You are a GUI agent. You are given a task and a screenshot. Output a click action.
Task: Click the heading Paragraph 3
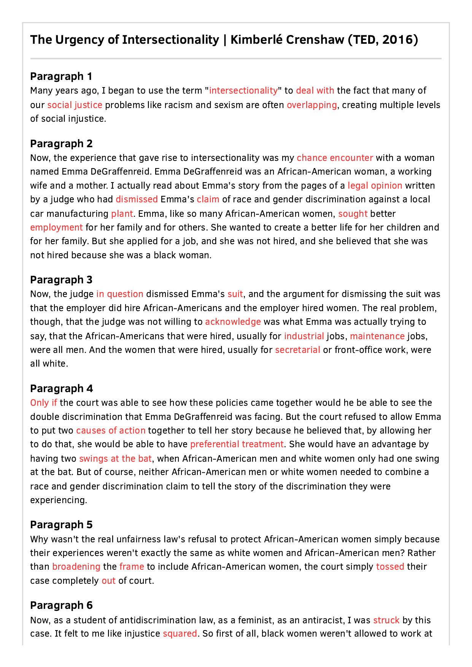pos(61,280)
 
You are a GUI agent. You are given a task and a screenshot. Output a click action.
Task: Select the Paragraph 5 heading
pos(61,525)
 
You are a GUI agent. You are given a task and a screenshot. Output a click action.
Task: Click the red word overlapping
pos(311,105)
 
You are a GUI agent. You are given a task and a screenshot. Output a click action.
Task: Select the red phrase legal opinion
pos(375,186)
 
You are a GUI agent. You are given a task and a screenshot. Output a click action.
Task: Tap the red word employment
pos(56,227)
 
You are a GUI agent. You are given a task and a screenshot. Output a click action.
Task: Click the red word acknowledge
pos(233,322)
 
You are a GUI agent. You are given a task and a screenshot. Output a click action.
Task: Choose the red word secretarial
pos(297,350)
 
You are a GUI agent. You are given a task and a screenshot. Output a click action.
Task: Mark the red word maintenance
pos(377,336)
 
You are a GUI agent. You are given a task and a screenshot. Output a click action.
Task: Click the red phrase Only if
pos(44,403)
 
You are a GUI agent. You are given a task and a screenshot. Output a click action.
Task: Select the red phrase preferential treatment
pos(237,444)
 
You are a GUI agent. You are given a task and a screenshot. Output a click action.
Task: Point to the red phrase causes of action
pos(111,430)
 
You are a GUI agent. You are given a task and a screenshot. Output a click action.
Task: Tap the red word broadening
pos(76,567)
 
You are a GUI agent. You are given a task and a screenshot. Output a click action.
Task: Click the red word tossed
pos(390,567)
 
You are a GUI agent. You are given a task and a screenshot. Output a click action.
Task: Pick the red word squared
pos(180,634)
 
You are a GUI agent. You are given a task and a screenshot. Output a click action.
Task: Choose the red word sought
pos(353,214)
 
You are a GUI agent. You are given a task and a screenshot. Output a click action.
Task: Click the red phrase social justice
pos(75,105)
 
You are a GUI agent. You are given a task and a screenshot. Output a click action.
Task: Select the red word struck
pos(386,620)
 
